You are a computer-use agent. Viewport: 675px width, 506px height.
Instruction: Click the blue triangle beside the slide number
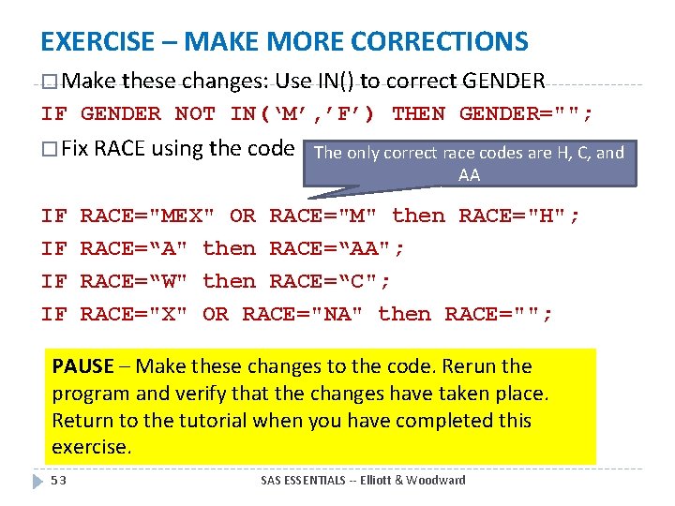pyautogui.click(x=38, y=481)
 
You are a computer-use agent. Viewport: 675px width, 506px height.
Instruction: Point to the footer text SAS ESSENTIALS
pyautogui.click(x=301, y=481)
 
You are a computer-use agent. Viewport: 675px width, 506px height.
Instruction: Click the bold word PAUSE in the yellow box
pyautogui.click(x=82, y=366)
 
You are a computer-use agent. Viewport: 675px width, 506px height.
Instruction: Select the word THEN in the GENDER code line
pyautogui.click(x=418, y=114)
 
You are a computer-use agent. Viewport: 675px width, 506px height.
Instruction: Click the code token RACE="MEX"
pyautogui.click(x=148, y=216)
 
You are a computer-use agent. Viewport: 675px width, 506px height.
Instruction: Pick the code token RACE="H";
pyautogui.click(x=519, y=216)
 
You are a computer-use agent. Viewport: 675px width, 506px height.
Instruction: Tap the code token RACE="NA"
pyautogui.click(x=303, y=314)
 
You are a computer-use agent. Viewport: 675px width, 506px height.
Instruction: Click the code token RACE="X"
pyautogui.click(x=134, y=314)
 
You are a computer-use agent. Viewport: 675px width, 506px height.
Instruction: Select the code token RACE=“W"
pyautogui.click(x=134, y=281)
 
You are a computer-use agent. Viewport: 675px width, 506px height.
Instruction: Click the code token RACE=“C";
pyautogui.click(x=330, y=281)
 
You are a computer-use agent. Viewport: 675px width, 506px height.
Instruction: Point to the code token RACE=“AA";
pyautogui.click(x=337, y=248)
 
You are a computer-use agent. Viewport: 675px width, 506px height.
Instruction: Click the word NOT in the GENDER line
pyautogui.click(x=195, y=114)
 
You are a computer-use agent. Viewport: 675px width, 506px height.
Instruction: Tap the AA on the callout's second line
pyautogui.click(x=469, y=175)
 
